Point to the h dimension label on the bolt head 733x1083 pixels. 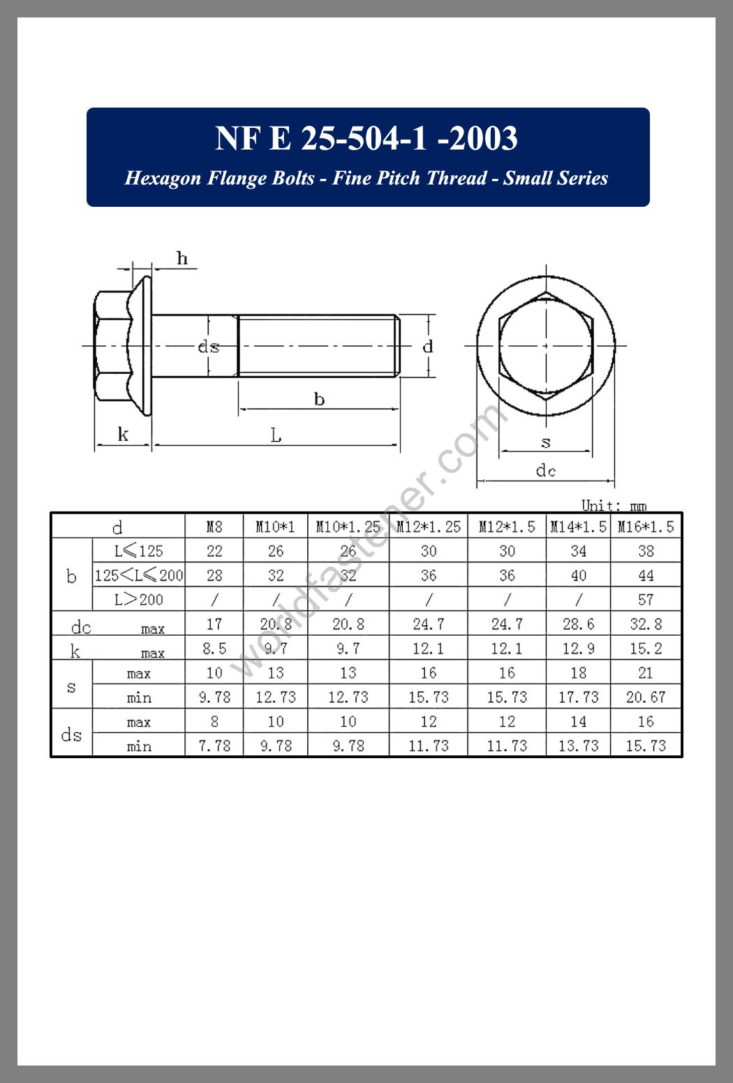coord(182,259)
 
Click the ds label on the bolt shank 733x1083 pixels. coord(209,347)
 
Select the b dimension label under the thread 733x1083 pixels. coord(319,399)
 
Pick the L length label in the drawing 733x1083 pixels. coord(276,435)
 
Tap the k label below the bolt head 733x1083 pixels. coord(123,434)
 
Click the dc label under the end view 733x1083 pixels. coord(545,470)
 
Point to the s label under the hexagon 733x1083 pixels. coord(545,442)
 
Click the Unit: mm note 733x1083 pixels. coord(614,506)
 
